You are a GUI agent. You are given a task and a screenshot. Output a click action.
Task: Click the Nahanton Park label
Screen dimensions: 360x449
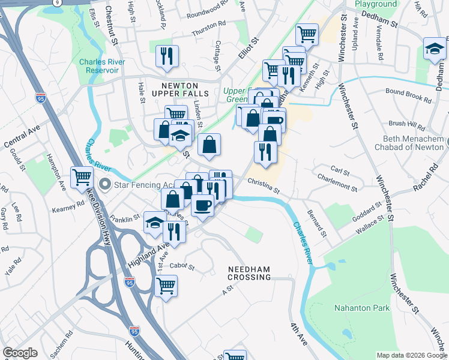coord(361,308)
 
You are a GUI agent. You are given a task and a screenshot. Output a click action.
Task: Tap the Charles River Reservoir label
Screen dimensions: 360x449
coord(99,66)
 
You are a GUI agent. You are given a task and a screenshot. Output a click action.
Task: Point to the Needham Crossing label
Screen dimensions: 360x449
coord(249,273)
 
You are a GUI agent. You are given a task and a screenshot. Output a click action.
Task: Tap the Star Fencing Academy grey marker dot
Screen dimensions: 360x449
coord(106,183)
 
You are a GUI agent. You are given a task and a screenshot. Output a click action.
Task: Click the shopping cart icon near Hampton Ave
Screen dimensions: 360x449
coord(82,177)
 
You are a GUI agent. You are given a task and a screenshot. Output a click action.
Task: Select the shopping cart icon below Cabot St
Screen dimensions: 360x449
coord(166,286)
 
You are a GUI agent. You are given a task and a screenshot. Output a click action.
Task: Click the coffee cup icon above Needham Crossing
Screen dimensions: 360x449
coord(202,206)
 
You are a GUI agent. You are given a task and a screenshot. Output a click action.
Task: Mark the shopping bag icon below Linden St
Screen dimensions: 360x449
coord(209,145)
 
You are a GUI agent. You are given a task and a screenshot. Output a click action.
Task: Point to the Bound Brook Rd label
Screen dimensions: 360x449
coord(409,96)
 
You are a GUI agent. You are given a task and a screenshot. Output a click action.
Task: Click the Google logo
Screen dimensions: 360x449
coord(20,353)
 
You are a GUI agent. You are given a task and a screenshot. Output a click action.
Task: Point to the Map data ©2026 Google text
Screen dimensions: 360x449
coord(411,355)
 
